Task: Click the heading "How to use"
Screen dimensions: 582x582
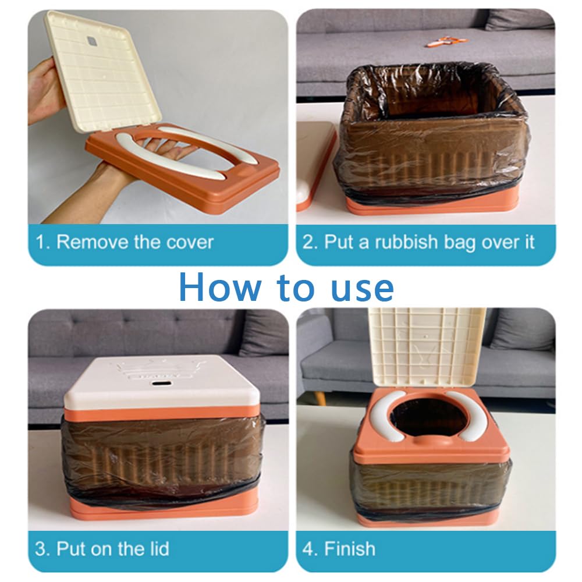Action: tap(286, 288)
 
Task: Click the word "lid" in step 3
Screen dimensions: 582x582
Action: tap(158, 549)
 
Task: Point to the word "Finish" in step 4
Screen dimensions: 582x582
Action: tap(350, 549)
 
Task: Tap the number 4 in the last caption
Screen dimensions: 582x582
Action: tap(308, 549)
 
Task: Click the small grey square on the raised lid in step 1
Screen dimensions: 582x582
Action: tap(92, 41)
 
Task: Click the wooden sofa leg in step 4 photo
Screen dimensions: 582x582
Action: tap(322, 398)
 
